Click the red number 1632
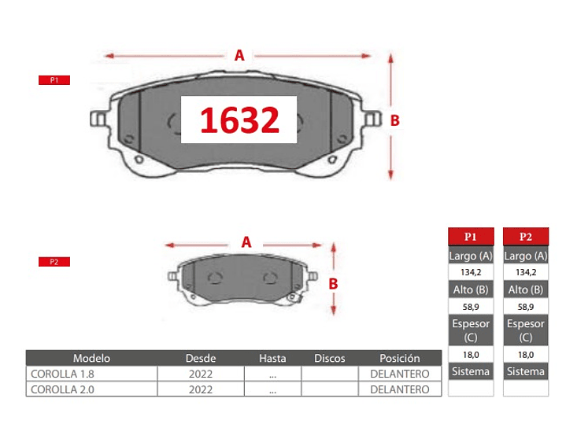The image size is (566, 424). pyautogui.click(x=239, y=120)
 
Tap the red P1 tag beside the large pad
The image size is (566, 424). pyautogui.click(x=54, y=80)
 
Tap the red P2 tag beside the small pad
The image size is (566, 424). pyautogui.click(x=54, y=262)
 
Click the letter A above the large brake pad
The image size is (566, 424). pyautogui.click(x=239, y=56)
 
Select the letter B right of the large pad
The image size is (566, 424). pyautogui.click(x=395, y=121)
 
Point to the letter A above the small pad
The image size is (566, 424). pyautogui.click(x=246, y=242)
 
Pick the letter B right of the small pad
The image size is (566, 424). pyautogui.click(x=333, y=284)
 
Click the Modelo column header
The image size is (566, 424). pyautogui.click(x=91, y=359)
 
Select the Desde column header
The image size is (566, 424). pyautogui.click(x=201, y=359)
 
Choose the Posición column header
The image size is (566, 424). pyautogui.click(x=400, y=359)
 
